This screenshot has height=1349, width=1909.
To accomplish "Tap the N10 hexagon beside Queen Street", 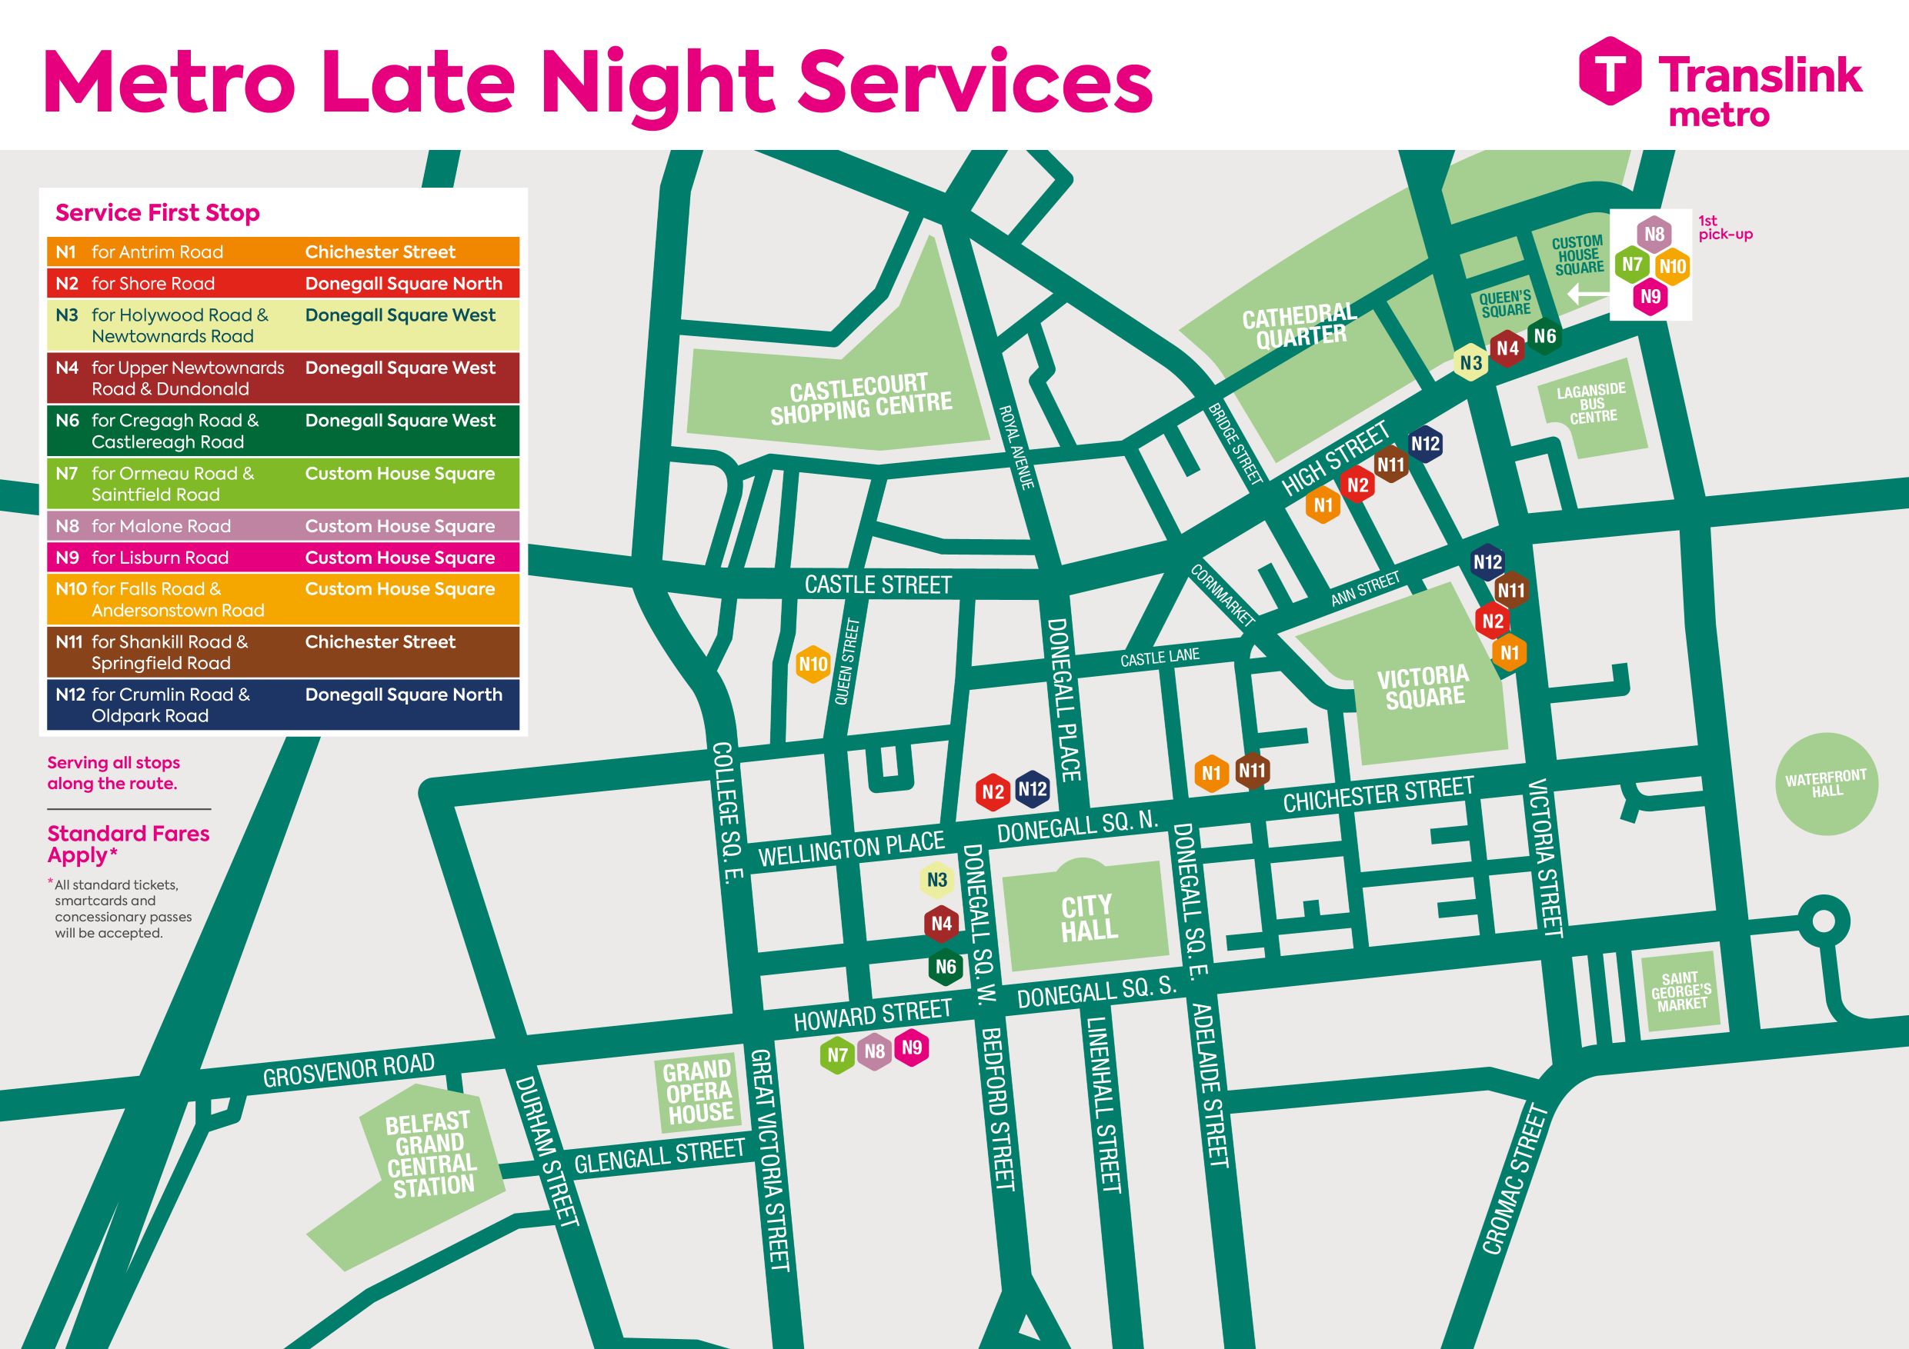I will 813,664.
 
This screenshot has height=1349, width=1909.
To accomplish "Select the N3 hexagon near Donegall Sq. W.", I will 937,880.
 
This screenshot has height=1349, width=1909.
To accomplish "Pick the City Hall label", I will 1087,918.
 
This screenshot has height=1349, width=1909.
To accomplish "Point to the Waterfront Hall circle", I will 1827,784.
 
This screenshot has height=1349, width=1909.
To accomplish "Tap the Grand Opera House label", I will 699,1091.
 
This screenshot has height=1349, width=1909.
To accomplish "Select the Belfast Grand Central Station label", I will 431,1154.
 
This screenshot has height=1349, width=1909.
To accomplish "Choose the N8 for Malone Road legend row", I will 282,526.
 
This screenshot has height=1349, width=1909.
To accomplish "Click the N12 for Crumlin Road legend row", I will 282,704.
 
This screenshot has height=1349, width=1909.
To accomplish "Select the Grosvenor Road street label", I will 349,1070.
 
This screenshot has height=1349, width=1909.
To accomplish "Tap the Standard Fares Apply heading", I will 128,844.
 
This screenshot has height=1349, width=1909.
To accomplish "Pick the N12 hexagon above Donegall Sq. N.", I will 1032,789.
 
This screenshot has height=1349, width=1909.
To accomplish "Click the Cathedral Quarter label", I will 1300,326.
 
